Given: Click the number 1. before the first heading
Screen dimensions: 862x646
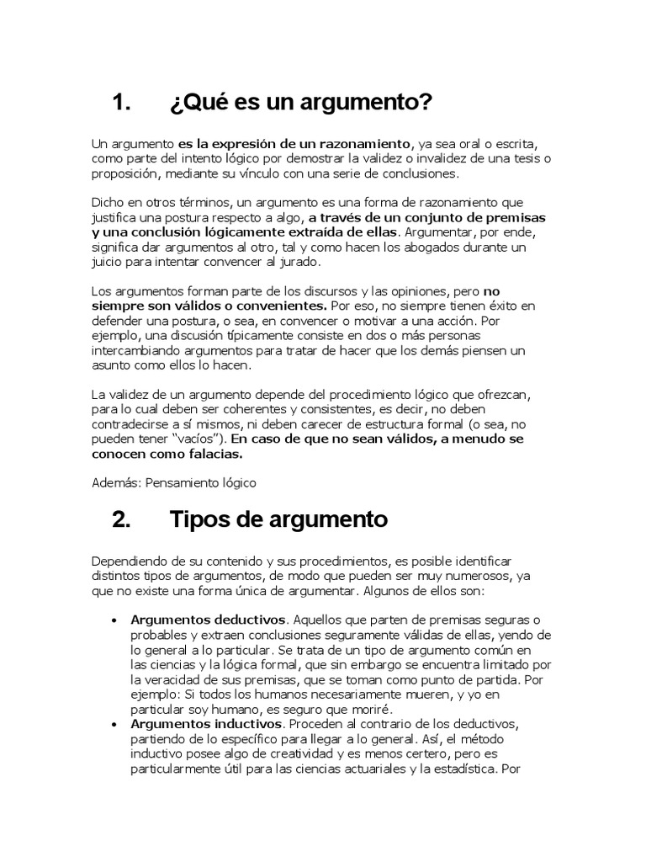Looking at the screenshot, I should click(123, 104).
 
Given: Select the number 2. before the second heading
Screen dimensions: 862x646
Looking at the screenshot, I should click(123, 519).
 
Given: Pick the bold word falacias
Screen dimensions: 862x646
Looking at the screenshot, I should click(214, 454).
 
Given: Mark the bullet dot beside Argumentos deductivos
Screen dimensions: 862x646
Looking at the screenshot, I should click(114, 620).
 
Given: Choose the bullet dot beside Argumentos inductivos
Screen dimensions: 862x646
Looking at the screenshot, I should click(114, 724).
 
